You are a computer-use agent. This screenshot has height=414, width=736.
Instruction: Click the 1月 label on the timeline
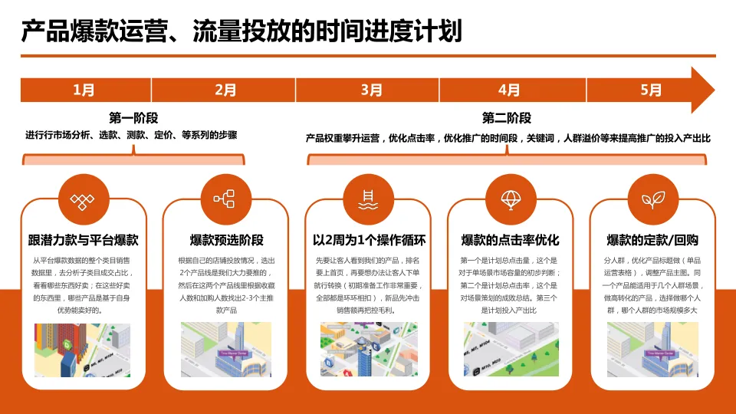84,90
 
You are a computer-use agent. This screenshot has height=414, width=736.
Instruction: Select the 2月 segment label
225,90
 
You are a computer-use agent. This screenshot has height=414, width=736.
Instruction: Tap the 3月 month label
371,90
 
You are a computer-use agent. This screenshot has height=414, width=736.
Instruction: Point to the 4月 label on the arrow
509,90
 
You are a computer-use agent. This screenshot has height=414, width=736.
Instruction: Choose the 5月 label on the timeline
650,90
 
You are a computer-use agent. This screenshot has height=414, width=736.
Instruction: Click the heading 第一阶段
133,118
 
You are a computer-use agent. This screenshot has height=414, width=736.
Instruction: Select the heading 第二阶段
507,118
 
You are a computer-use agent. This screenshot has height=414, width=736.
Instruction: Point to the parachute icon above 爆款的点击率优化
511,200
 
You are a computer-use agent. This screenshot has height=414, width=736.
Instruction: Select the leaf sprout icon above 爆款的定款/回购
652,200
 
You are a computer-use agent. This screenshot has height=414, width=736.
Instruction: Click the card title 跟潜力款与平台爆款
83,241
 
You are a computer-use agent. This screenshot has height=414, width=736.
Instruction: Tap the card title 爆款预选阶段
226,241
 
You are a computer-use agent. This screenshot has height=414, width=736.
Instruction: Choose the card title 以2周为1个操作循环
369,241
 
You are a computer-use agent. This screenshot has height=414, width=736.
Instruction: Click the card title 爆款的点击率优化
511,241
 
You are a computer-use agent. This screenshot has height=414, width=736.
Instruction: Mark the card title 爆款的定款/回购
652,241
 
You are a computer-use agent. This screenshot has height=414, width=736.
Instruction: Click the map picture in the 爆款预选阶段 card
226,349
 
